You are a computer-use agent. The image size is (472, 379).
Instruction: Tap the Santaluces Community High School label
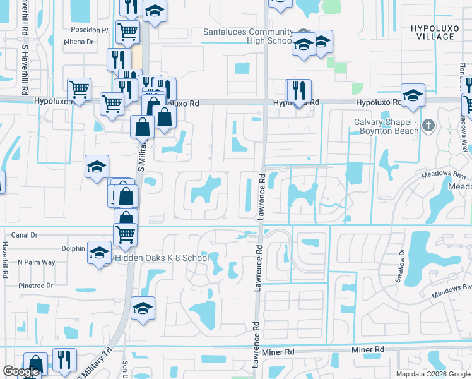tap(248, 36)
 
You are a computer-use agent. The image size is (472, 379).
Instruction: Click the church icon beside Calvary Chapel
tap(428, 124)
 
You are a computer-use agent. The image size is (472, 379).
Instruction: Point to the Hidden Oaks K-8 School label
tap(161, 258)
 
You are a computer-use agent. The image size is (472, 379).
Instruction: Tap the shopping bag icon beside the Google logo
tap(35, 364)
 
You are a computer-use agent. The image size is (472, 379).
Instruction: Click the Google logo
tap(21, 371)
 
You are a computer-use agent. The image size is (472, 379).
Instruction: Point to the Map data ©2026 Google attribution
tap(433, 374)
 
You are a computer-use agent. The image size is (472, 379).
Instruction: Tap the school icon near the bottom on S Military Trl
tap(143, 308)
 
